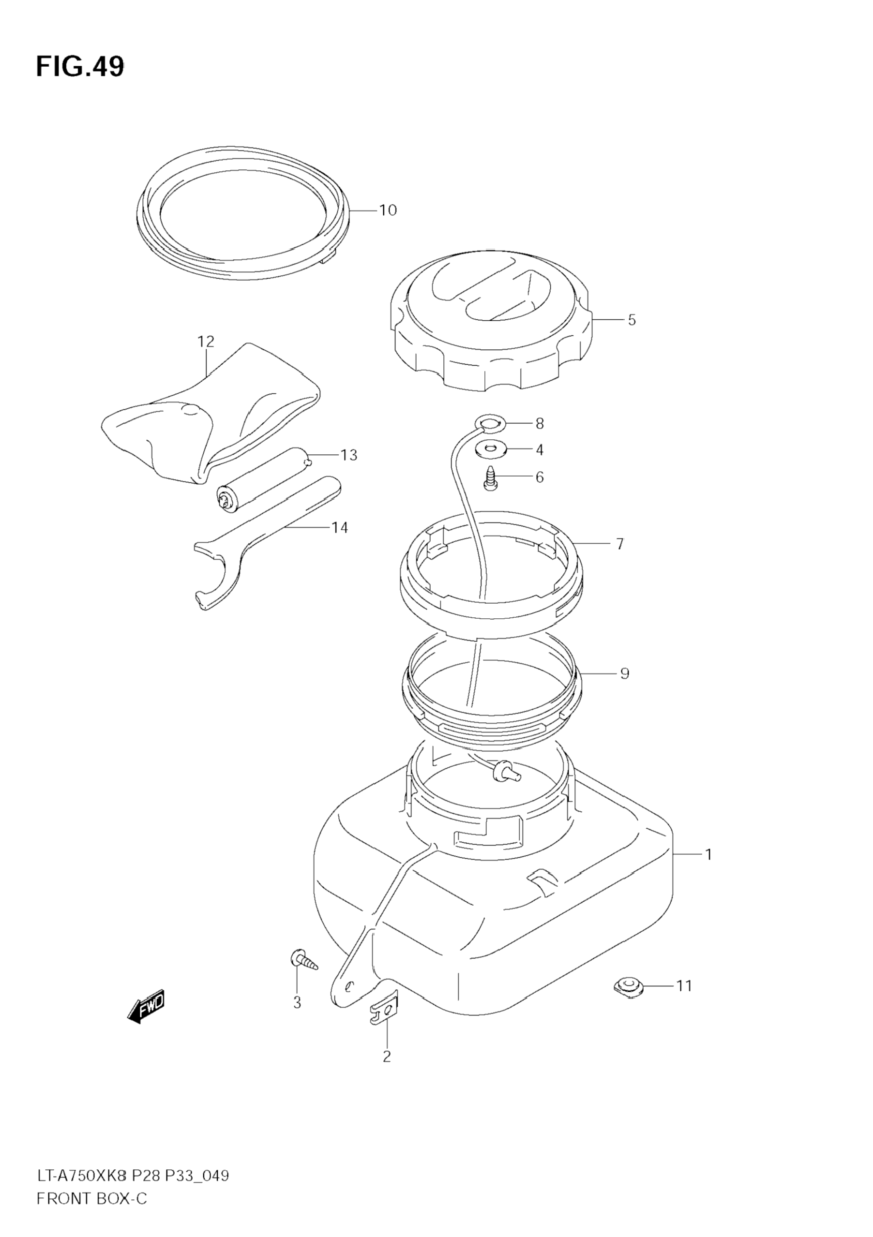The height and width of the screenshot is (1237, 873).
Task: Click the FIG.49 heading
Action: [80, 67]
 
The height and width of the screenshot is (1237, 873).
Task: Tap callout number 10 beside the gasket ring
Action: [388, 209]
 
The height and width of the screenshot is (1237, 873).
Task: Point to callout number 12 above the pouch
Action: [205, 341]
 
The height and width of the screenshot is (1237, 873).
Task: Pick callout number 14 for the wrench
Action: [340, 527]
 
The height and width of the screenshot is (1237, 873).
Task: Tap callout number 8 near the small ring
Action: [540, 423]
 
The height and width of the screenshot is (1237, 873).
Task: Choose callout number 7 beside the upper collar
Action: [620, 544]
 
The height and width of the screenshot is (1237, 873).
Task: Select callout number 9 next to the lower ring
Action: [625, 673]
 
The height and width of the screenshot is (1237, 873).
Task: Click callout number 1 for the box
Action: [708, 854]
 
